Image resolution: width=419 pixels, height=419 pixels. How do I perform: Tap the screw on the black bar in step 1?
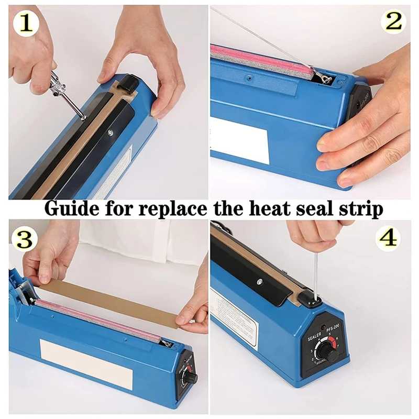point(111,134)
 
